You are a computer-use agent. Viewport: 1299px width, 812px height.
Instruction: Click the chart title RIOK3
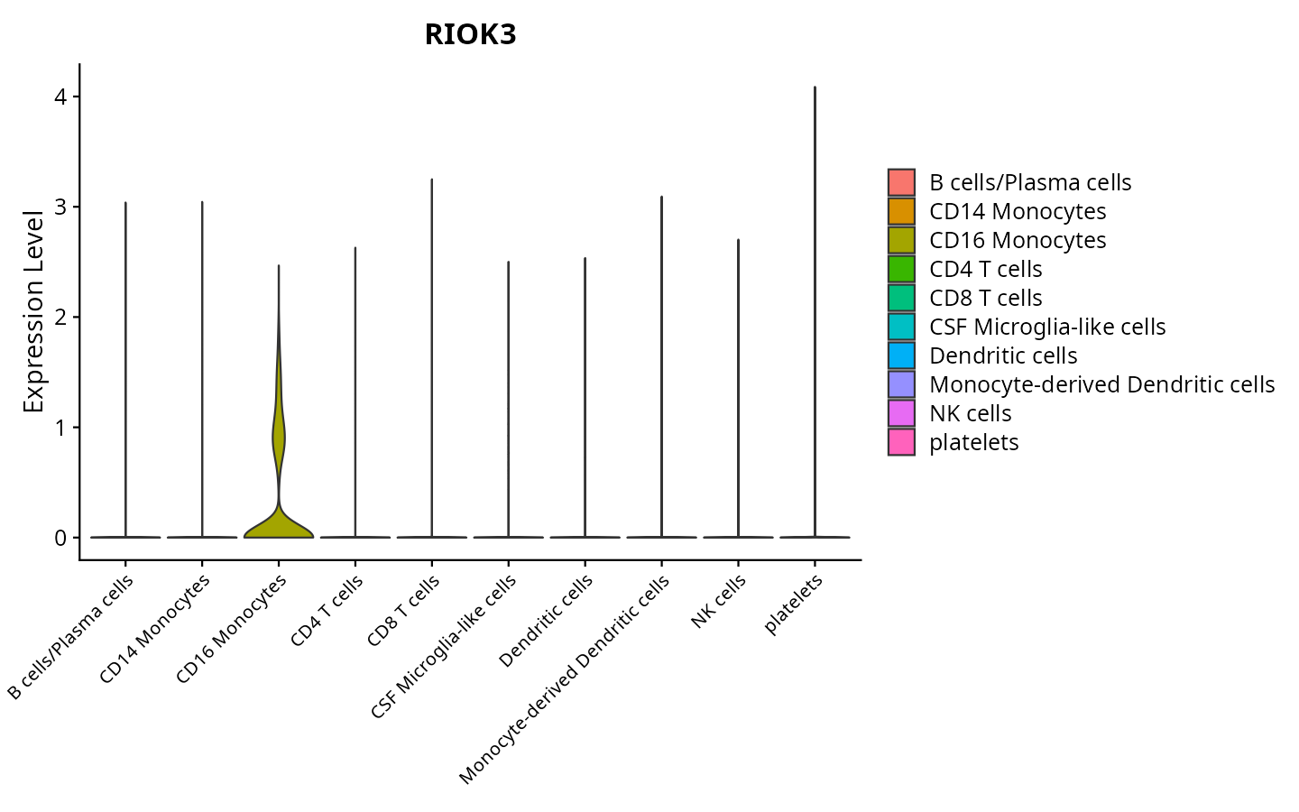[470, 35]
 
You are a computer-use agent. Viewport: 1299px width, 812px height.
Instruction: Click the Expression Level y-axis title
[34, 312]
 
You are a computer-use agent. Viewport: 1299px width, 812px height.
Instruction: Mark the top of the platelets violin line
[815, 88]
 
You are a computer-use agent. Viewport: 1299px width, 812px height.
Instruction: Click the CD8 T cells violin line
[431, 361]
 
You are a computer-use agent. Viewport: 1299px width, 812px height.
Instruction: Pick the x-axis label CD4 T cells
[327, 611]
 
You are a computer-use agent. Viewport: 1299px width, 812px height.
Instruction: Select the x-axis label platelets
[794, 604]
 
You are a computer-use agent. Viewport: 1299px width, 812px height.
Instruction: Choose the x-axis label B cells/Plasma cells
[71, 637]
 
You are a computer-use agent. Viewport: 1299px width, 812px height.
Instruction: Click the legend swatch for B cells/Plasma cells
[901, 182]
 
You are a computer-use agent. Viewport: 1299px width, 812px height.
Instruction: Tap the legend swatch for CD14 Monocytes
[901, 211]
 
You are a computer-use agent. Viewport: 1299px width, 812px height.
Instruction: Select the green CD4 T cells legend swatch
[901, 269]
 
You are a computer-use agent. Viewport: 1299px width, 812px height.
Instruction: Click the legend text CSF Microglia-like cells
[1047, 327]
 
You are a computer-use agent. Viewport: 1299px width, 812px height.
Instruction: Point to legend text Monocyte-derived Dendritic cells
[1101, 384]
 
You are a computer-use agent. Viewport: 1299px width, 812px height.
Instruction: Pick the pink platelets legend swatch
[901, 442]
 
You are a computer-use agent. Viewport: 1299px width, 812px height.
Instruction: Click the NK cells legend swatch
[901, 413]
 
